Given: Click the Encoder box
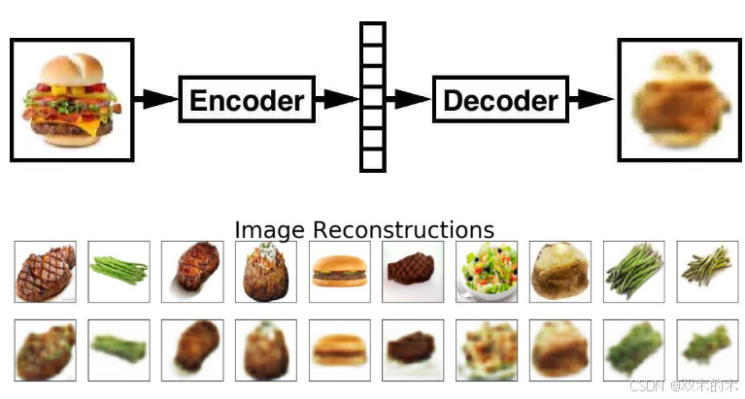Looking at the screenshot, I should click(x=247, y=99).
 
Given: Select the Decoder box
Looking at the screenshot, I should click(x=500, y=99).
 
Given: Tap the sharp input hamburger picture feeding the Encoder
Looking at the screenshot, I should click(x=71, y=100).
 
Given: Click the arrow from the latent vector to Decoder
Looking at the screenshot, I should click(x=409, y=99).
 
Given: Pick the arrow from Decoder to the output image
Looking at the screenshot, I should click(x=592, y=99).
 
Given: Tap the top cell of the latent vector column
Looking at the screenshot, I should click(x=373, y=34).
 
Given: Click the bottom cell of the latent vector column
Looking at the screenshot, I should click(x=373, y=159).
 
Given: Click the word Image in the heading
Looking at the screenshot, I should click(x=270, y=230).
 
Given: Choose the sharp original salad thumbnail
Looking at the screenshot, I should click(x=487, y=272).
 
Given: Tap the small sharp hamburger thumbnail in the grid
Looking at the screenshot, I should click(x=340, y=272).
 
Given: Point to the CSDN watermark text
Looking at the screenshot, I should click(x=641, y=385).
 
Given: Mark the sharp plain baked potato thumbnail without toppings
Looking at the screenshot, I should click(x=560, y=272).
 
